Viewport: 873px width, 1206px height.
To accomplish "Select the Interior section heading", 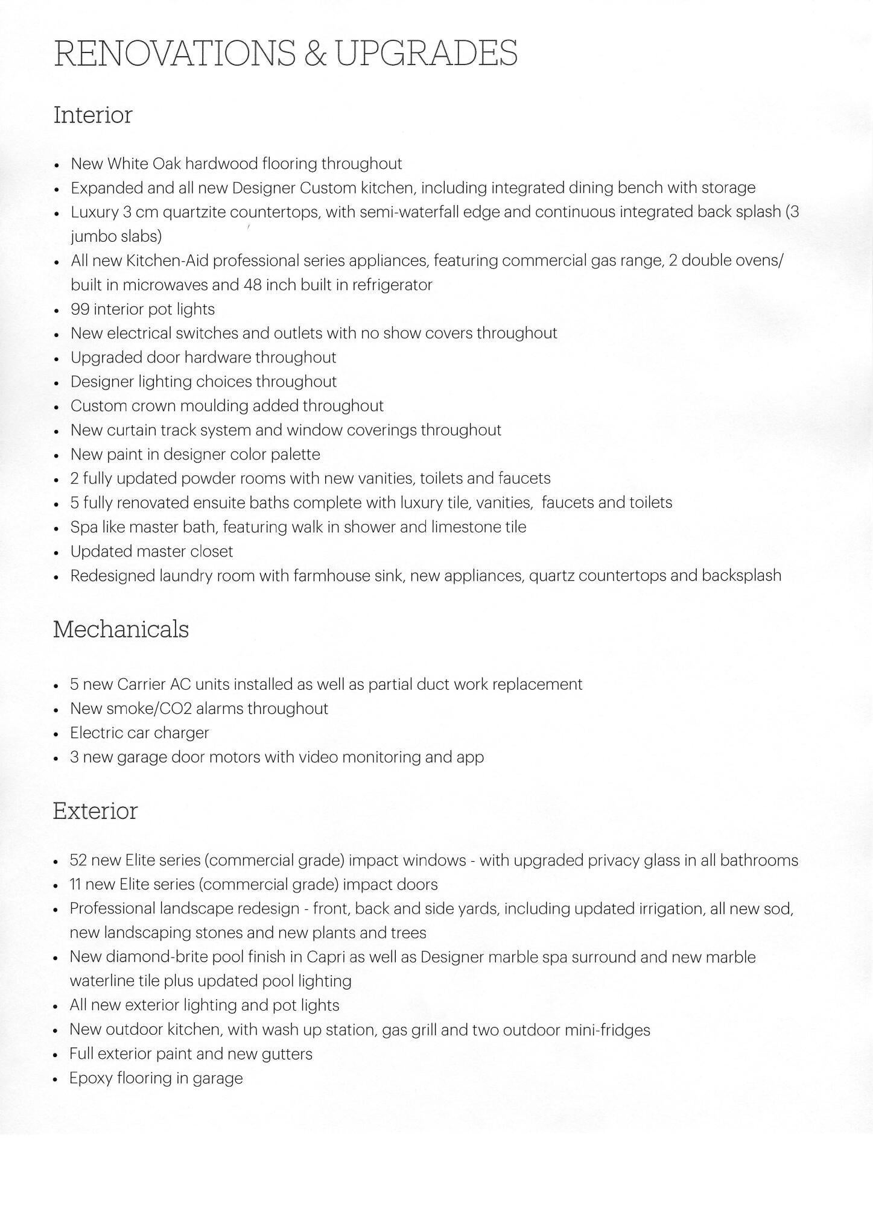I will (93, 115).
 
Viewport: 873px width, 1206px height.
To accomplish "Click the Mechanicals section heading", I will (121, 629).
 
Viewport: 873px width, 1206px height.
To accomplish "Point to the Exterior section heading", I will (95, 810).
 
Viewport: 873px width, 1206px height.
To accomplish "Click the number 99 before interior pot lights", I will (80, 309).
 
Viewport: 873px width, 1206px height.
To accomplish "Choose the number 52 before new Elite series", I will (79, 860).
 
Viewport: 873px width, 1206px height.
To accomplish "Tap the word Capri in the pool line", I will (325, 957).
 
